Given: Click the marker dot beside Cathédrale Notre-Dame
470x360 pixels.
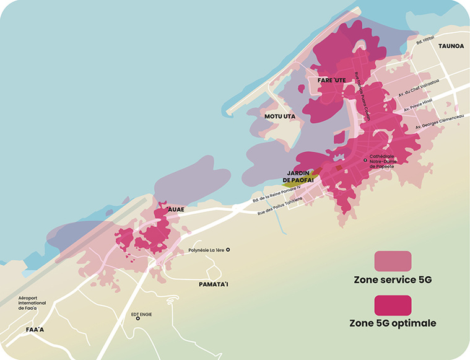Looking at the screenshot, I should click(365, 160).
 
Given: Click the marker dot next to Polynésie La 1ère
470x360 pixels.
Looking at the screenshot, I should click(228, 250).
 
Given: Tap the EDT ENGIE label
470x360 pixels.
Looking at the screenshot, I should click(141, 314).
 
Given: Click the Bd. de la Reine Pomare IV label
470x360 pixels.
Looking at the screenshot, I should click(276, 194).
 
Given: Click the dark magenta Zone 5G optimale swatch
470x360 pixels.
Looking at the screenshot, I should click(393, 305).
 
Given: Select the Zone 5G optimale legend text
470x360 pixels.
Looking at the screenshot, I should click(393, 323).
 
